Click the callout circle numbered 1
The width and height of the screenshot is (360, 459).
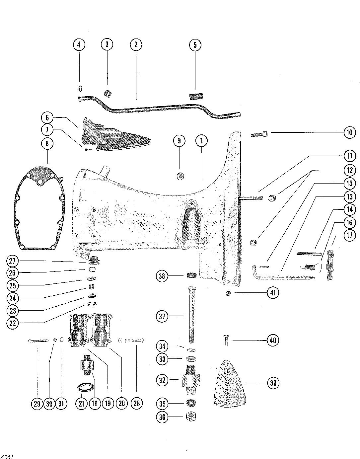202,141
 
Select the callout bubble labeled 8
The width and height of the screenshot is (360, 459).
47,144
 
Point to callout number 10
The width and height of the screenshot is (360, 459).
349,133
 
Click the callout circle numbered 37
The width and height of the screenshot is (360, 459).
162,317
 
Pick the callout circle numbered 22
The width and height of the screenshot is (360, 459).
13,323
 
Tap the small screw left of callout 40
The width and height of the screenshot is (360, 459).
226,340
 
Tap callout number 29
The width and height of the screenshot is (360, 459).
36,403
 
